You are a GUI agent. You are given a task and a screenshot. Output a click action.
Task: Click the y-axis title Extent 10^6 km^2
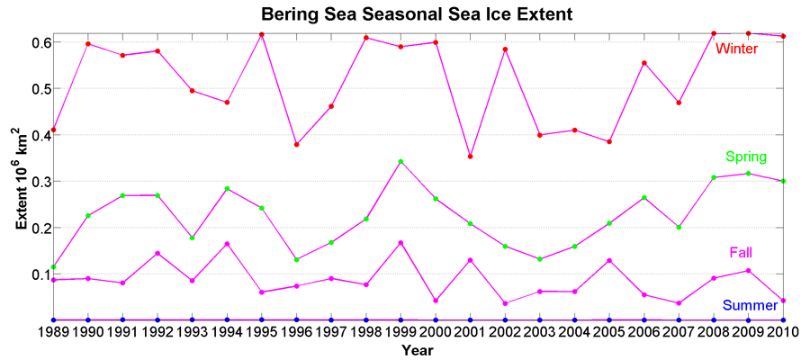tap(20, 176)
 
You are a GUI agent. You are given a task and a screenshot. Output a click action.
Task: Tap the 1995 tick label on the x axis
tap(261, 332)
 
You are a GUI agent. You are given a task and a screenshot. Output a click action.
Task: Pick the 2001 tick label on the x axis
tap(470, 332)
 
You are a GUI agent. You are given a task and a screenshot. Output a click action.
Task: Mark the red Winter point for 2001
tap(470, 157)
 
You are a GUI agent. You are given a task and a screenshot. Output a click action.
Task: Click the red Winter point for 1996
tap(296, 144)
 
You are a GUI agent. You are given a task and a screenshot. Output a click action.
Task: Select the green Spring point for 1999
tap(400, 162)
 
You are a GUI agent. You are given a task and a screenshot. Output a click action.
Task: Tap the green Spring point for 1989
tap(53, 267)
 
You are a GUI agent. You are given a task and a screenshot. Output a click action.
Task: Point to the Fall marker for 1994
tap(227, 244)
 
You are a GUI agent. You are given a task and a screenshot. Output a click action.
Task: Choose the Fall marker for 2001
tap(470, 260)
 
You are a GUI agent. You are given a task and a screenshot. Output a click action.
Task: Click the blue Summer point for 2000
tap(436, 319)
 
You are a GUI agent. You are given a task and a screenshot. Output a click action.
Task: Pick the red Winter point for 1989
tap(53, 130)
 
